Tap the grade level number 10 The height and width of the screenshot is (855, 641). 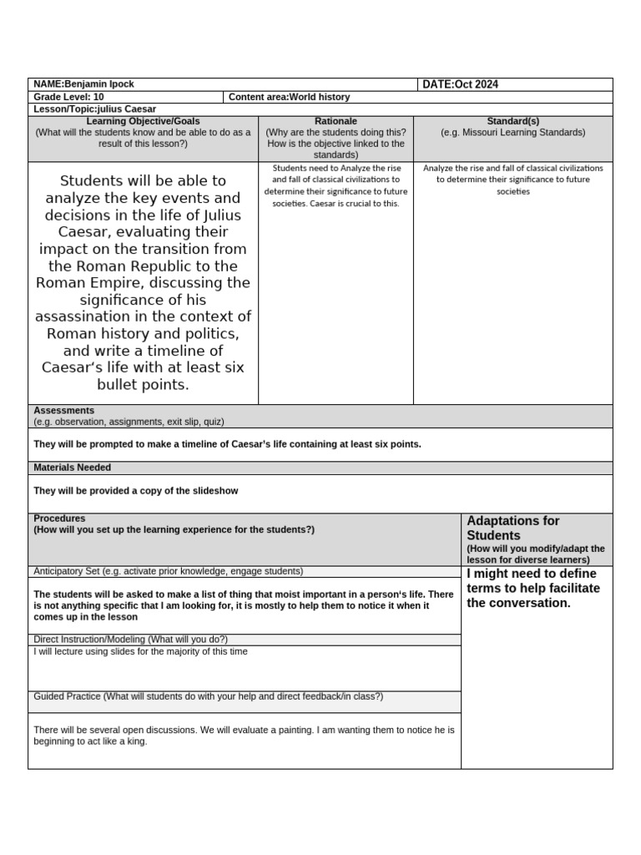98,97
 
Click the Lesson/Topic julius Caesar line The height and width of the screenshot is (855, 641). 94,109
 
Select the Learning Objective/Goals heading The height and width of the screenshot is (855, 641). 143,121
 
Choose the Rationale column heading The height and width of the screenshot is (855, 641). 336,121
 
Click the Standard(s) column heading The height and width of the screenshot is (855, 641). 512,121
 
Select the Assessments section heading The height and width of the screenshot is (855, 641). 63,411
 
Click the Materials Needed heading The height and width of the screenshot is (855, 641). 72,468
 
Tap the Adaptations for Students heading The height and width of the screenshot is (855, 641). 512,528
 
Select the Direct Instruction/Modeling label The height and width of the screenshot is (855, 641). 89,640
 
